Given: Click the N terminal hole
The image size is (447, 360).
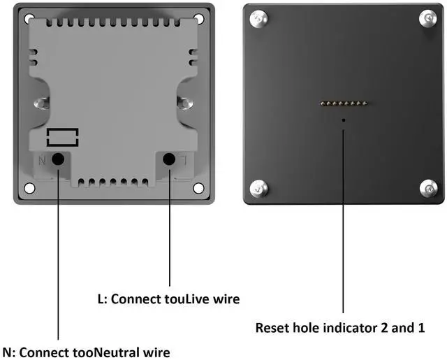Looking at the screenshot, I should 59,159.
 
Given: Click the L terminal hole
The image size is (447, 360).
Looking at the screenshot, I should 169,159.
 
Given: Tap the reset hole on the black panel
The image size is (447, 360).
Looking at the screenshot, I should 344,120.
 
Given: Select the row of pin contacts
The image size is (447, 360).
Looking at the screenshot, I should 344,104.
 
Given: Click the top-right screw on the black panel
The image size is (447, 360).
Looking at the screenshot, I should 428,19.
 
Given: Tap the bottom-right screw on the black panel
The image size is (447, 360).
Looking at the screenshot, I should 428,187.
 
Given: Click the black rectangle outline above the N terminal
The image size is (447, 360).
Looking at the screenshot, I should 62,136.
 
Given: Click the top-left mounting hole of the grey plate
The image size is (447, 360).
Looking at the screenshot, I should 29,19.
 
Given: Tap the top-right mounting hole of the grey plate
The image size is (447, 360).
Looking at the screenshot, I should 198,19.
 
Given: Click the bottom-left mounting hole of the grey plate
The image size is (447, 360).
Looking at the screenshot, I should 29,188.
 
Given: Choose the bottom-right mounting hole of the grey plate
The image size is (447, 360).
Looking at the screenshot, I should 198,188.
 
